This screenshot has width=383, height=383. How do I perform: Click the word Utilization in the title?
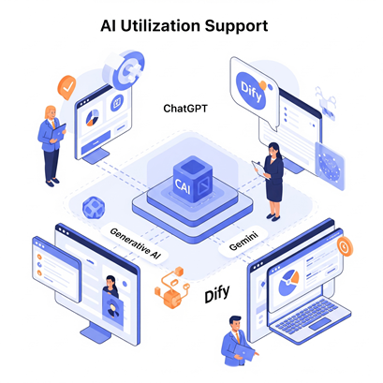160,26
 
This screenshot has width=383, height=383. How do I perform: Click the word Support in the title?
236,27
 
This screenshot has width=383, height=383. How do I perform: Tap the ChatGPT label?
185,109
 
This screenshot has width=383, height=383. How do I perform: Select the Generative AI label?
135,243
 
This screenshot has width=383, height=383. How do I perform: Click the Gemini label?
243,241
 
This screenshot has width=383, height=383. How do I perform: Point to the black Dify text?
217,293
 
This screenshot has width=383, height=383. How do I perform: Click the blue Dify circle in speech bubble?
251,91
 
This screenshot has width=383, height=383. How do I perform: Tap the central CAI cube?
193,179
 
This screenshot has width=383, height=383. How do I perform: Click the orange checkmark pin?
66,87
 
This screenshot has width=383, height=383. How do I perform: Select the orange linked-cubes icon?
172,287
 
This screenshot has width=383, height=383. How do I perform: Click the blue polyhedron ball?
94,207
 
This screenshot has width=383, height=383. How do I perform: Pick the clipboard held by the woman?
261,170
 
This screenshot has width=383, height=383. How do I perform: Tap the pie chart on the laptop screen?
288,283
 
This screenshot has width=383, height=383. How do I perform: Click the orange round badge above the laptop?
345,247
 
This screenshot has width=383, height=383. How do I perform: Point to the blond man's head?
51,112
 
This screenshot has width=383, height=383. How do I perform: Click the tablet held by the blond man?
59,132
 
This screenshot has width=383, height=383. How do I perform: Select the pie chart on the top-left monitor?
93,118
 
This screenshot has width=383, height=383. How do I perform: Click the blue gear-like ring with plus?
130,70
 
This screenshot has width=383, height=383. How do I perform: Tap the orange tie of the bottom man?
238,337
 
